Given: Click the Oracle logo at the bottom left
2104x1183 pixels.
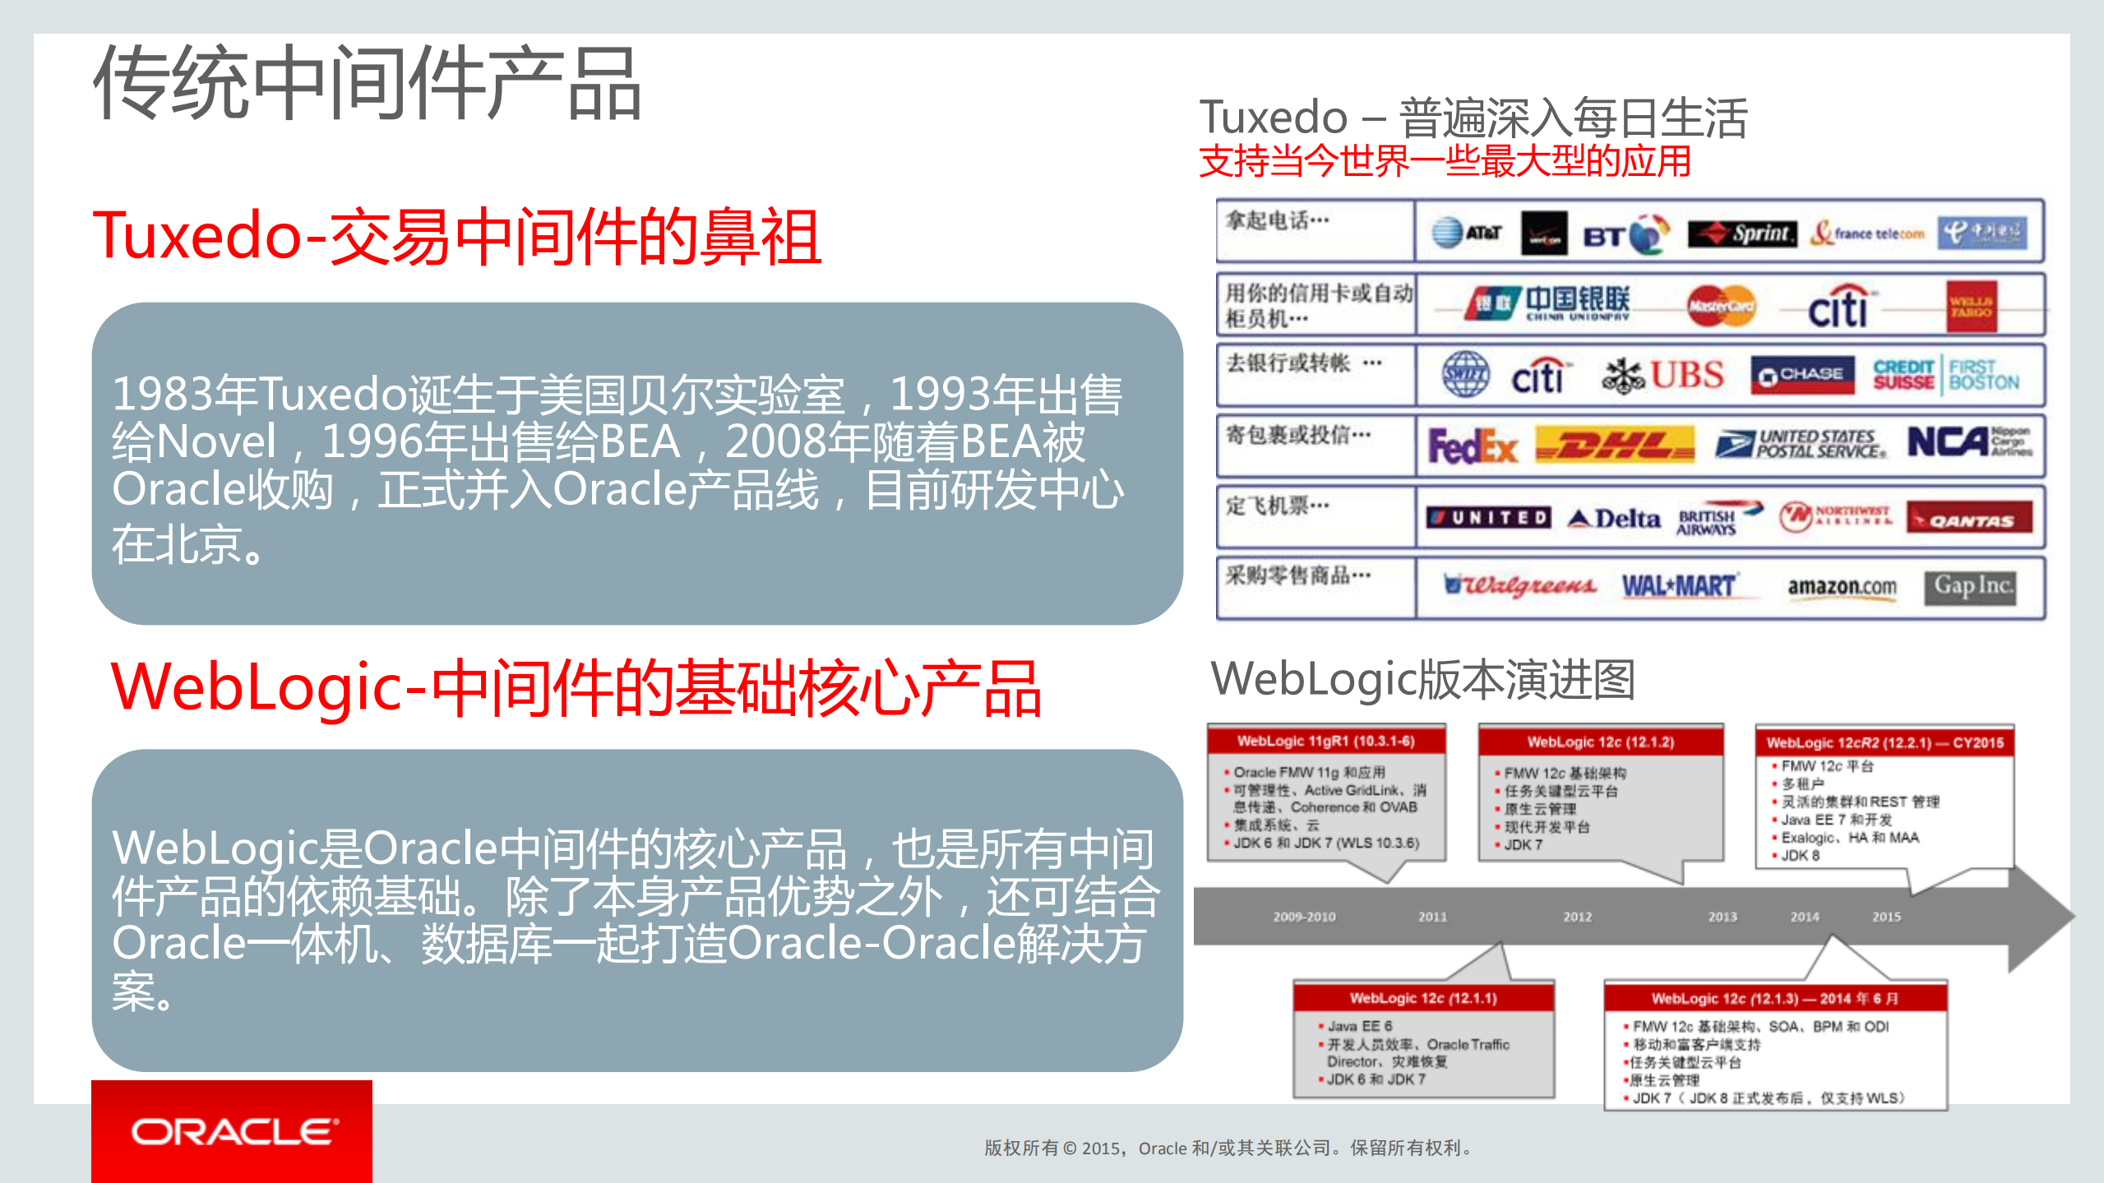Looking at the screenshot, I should [233, 1132].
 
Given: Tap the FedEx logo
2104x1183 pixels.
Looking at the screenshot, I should [1472, 446].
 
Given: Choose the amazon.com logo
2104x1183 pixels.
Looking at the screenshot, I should [1842, 587].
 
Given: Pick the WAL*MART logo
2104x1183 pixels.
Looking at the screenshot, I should [1678, 586].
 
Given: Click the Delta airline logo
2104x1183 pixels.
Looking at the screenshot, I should [1614, 518].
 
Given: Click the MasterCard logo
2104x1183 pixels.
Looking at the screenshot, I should [1720, 306].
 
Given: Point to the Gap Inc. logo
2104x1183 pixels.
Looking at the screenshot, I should [1970, 586].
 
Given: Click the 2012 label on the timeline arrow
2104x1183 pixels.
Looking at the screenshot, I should [1577, 917].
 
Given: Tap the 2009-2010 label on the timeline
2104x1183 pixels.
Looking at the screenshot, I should [1304, 917].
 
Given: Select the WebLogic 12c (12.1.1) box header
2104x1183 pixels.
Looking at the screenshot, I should [1422, 998].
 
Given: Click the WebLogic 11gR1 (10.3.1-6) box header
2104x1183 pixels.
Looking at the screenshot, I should [1325, 741].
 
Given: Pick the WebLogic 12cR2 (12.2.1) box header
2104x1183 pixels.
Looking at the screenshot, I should [1884, 742].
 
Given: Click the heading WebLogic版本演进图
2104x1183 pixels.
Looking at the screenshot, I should [1422, 680].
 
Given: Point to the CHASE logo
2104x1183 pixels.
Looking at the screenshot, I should [1802, 375].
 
